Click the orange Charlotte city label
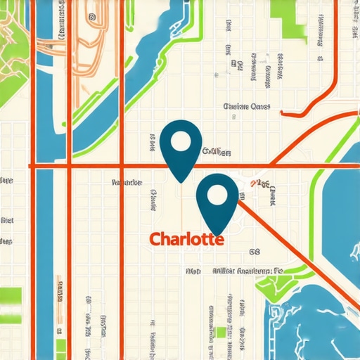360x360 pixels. pos(187,239)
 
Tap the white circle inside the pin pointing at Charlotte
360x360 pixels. pos(217,197)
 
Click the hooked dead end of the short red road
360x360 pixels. pos(283,111)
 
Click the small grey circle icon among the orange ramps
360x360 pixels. pos(91,15)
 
